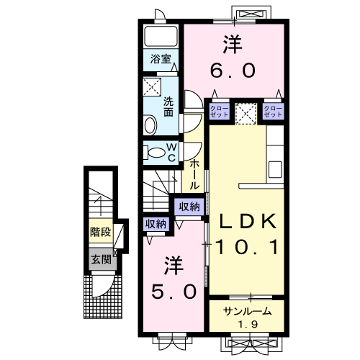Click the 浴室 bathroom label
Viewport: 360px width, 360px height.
(161, 59)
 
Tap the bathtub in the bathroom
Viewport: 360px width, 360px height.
(161, 37)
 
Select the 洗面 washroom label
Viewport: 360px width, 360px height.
(168, 107)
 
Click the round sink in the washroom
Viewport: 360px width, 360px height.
(150, 125)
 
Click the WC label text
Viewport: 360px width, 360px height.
(172, 152)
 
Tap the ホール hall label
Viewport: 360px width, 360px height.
(194, 174)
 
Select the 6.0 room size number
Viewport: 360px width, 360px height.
(233, 71)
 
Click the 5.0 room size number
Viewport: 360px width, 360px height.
(174, 292)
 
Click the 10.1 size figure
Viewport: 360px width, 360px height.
(247, 247)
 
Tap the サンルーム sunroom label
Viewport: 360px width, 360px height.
(247, 312)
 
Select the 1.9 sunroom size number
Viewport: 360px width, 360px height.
(248, 325)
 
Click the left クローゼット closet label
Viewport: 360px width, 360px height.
(219, 112)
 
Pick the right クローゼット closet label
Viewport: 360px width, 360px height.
(273, 112)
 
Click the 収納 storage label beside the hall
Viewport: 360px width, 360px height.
(189, 207)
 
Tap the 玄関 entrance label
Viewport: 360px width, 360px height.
(102, 259)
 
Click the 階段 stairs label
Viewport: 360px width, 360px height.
(101, 232)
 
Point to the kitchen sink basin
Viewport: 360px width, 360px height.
(275, 169)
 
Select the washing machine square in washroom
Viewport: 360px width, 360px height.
(152, 86)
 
